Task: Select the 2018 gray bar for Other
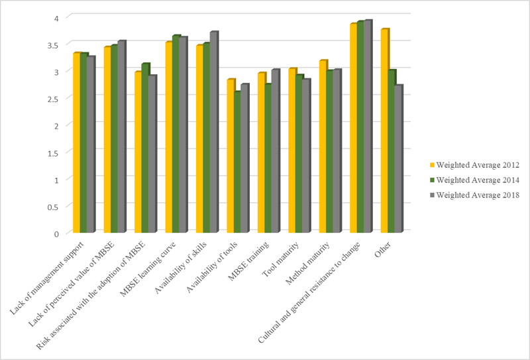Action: [x=399, y=159]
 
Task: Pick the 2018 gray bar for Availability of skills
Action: [x=213, y=133]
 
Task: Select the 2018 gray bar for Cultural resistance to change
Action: [x=368, y=127]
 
